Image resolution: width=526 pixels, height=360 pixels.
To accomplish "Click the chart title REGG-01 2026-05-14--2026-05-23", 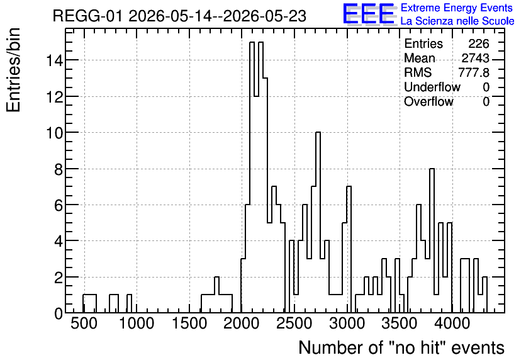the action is [x=179, y=16].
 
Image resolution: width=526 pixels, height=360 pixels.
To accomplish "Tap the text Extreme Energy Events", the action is [x=457, y=8].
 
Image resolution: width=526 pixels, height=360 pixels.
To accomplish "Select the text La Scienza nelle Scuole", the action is [x=457, y=21].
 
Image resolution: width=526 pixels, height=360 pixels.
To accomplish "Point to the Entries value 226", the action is [x=479, y=43].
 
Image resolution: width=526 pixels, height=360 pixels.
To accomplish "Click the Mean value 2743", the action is [x=475, y=58].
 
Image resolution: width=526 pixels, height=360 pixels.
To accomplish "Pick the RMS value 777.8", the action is [x=474, y=72].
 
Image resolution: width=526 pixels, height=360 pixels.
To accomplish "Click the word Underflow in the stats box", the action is [x=432, y=87].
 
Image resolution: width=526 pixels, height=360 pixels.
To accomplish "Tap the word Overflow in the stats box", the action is [x=428, y=101].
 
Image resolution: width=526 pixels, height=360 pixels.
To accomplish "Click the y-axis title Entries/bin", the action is [x=13, y=70].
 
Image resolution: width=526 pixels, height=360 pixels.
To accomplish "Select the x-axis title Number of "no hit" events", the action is [x=401, y=347].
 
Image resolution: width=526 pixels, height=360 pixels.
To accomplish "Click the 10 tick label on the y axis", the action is [x=54, y=133].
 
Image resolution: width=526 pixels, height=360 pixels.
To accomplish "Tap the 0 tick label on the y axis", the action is [x=59, y=313].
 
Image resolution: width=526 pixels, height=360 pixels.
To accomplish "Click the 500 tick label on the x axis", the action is [x=84, y=323].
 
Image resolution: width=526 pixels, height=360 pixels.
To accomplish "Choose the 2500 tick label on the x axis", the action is [x=294, y=323].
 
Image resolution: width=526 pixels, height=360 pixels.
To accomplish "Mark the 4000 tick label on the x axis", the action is [x=452, y=323].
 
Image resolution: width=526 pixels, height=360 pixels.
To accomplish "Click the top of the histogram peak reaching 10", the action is [x=318, y=133].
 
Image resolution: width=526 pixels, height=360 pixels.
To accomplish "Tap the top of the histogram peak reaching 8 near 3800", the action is [x=432, y=169].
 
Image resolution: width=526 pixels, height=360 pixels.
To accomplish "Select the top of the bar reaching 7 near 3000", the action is [x=349, y=186].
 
